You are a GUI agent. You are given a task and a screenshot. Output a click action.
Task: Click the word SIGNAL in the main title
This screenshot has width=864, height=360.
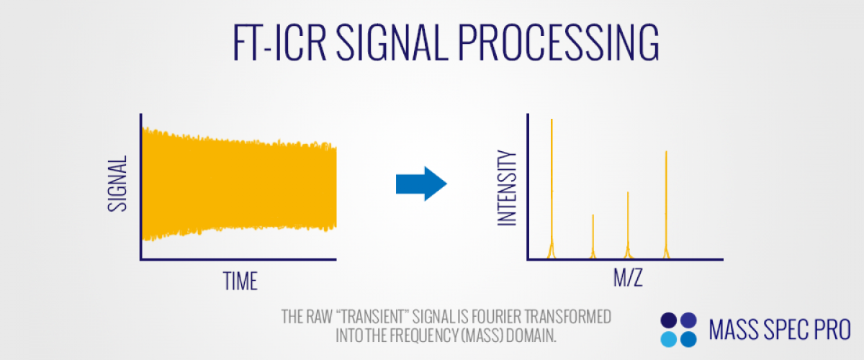pos(392,42)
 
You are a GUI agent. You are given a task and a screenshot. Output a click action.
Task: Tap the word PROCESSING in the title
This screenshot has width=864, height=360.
pos(559,42)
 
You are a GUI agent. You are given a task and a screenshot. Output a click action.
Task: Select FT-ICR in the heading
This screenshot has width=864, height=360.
pos(279,42)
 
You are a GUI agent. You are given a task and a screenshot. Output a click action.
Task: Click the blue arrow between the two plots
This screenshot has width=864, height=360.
pos(421,184)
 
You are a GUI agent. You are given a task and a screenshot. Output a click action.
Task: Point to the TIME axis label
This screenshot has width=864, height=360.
pos(240,281)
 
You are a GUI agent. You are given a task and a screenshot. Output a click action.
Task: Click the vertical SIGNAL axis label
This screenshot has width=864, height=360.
pos(117,184)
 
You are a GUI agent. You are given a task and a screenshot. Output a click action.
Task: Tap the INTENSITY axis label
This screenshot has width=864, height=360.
pos(507,188)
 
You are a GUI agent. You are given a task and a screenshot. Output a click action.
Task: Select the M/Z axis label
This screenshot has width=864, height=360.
pos(628,277)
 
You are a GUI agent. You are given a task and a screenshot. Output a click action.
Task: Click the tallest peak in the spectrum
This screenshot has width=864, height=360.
pos(552,189)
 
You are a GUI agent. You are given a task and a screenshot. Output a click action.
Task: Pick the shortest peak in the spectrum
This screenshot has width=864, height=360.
pos(593,236)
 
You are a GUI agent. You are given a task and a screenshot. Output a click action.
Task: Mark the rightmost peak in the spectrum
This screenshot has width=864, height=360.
pos(666,204)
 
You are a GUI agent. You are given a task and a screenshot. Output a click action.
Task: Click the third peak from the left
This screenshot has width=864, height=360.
pos(628,225)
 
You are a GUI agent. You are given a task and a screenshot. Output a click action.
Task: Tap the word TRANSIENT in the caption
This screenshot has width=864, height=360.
pos(372,317)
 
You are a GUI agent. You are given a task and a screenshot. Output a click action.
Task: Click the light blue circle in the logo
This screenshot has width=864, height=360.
pos(668,339)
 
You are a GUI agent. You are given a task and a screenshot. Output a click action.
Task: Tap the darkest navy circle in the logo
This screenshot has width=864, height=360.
pos(668,320)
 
